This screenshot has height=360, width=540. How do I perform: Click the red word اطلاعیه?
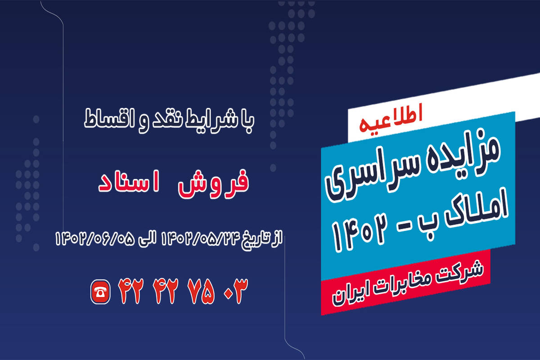pos(391,118)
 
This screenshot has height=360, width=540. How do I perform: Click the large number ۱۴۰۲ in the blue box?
pos(359,234)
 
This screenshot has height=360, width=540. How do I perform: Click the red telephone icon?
pos(100,292)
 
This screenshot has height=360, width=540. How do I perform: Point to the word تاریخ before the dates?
pos(257,240)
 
